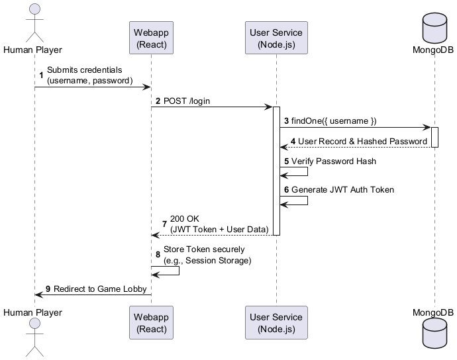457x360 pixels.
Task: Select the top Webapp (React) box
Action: [151, 38]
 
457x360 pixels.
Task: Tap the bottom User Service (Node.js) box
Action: [276, 322]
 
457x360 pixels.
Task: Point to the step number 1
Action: [42, 75]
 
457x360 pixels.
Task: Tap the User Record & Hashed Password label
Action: [362, 141]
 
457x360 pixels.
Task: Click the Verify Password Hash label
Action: [334, 161]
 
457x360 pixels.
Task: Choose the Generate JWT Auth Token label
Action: [342, 189]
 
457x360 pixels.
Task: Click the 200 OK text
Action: [185, 219]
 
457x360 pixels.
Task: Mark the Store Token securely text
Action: [204, 249]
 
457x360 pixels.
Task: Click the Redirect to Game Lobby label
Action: [100, 289]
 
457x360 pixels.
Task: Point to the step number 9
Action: [48, 289]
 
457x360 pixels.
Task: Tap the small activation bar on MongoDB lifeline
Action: [434, 137]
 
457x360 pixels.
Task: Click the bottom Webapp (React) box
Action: [151, 322]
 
